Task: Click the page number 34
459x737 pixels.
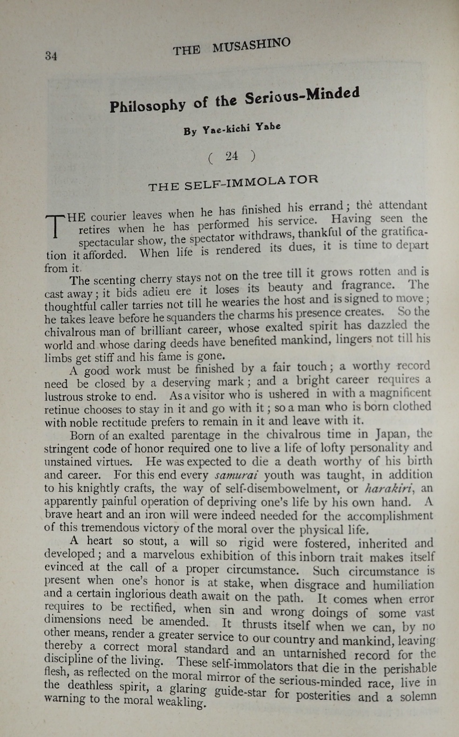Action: pos(51,56)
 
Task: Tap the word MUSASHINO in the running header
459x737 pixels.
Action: pos(251,46)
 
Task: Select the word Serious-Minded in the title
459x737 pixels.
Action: pos(302,95)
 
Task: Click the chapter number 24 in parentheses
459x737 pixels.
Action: pos(232,156)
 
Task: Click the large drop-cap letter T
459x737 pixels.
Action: pos(55,225)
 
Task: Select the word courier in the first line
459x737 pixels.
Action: pos(108,217)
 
